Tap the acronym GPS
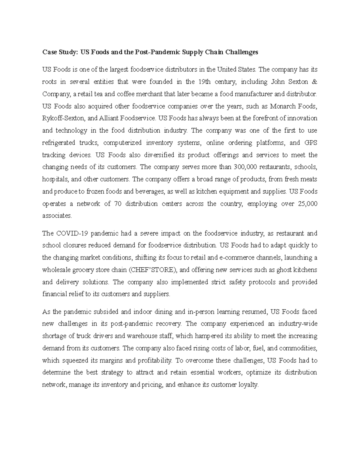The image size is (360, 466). click(x=311, y=143)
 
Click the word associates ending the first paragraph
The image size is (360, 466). click(x=57, y=216)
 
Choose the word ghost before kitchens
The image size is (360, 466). click(x=285, y=270)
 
